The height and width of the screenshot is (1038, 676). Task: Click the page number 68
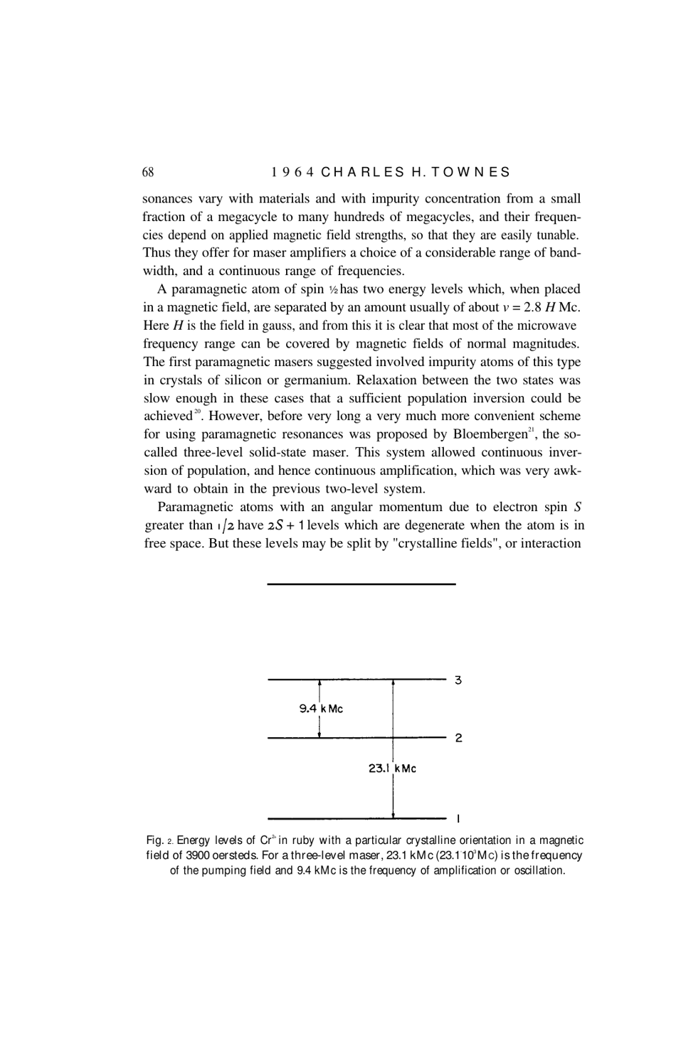pos(148,172)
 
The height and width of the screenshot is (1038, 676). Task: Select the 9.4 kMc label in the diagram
pos(321,708)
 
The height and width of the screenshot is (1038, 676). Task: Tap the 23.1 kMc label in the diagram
pos(392,768)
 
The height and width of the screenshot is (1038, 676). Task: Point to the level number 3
pos(458,680)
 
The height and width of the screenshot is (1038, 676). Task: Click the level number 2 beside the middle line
pos(458,738)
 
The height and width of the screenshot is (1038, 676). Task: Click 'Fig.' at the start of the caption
pos(153,840)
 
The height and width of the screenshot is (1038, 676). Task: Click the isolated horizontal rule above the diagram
pos(361,584)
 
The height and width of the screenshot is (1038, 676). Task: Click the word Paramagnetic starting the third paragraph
pos(194,507)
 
